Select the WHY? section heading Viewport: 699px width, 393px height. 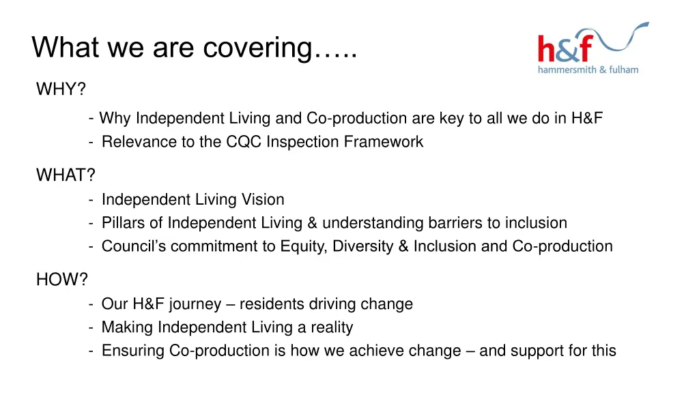(61, 89)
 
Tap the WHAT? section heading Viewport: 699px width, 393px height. (66, 175)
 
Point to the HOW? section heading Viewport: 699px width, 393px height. (62, 280)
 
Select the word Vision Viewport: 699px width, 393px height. (262, 200)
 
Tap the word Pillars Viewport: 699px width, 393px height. (123, 223)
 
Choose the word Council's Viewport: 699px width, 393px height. (134, 246)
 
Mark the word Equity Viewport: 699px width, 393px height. (304, 246)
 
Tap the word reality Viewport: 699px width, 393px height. (332, 327)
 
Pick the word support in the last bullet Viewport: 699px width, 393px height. (537, 351)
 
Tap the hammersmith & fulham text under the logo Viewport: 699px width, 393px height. (588, 70)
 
